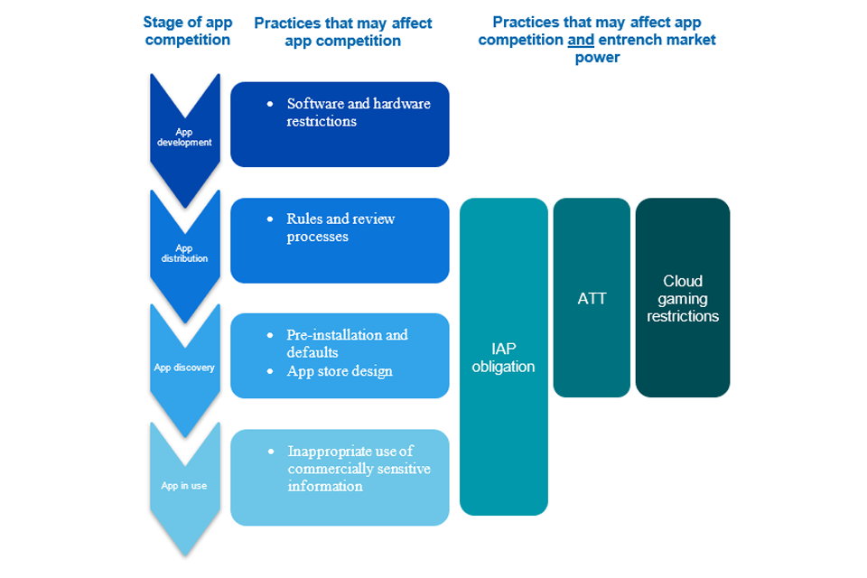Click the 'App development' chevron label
[184, 137]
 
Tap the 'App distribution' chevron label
[184, 253]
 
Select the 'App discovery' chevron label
[184, 368]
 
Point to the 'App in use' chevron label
[184, 486]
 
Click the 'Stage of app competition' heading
[188, 31]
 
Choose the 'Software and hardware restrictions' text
[359, 112]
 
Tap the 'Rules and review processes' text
[340, 228]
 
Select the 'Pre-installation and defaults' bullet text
[347, 343]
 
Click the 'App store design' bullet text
[340, 371]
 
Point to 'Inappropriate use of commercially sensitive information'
[359, 468]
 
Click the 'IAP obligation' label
[503, 357]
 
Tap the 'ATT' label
[592, 297]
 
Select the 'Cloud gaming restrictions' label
[683, 298]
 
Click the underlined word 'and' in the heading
[580, 40]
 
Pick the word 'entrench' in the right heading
[627, 40]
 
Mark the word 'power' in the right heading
[597, 58]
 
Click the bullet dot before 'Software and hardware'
[270, 104]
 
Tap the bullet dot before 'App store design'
[270, 371]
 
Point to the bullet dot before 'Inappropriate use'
[270, 451]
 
